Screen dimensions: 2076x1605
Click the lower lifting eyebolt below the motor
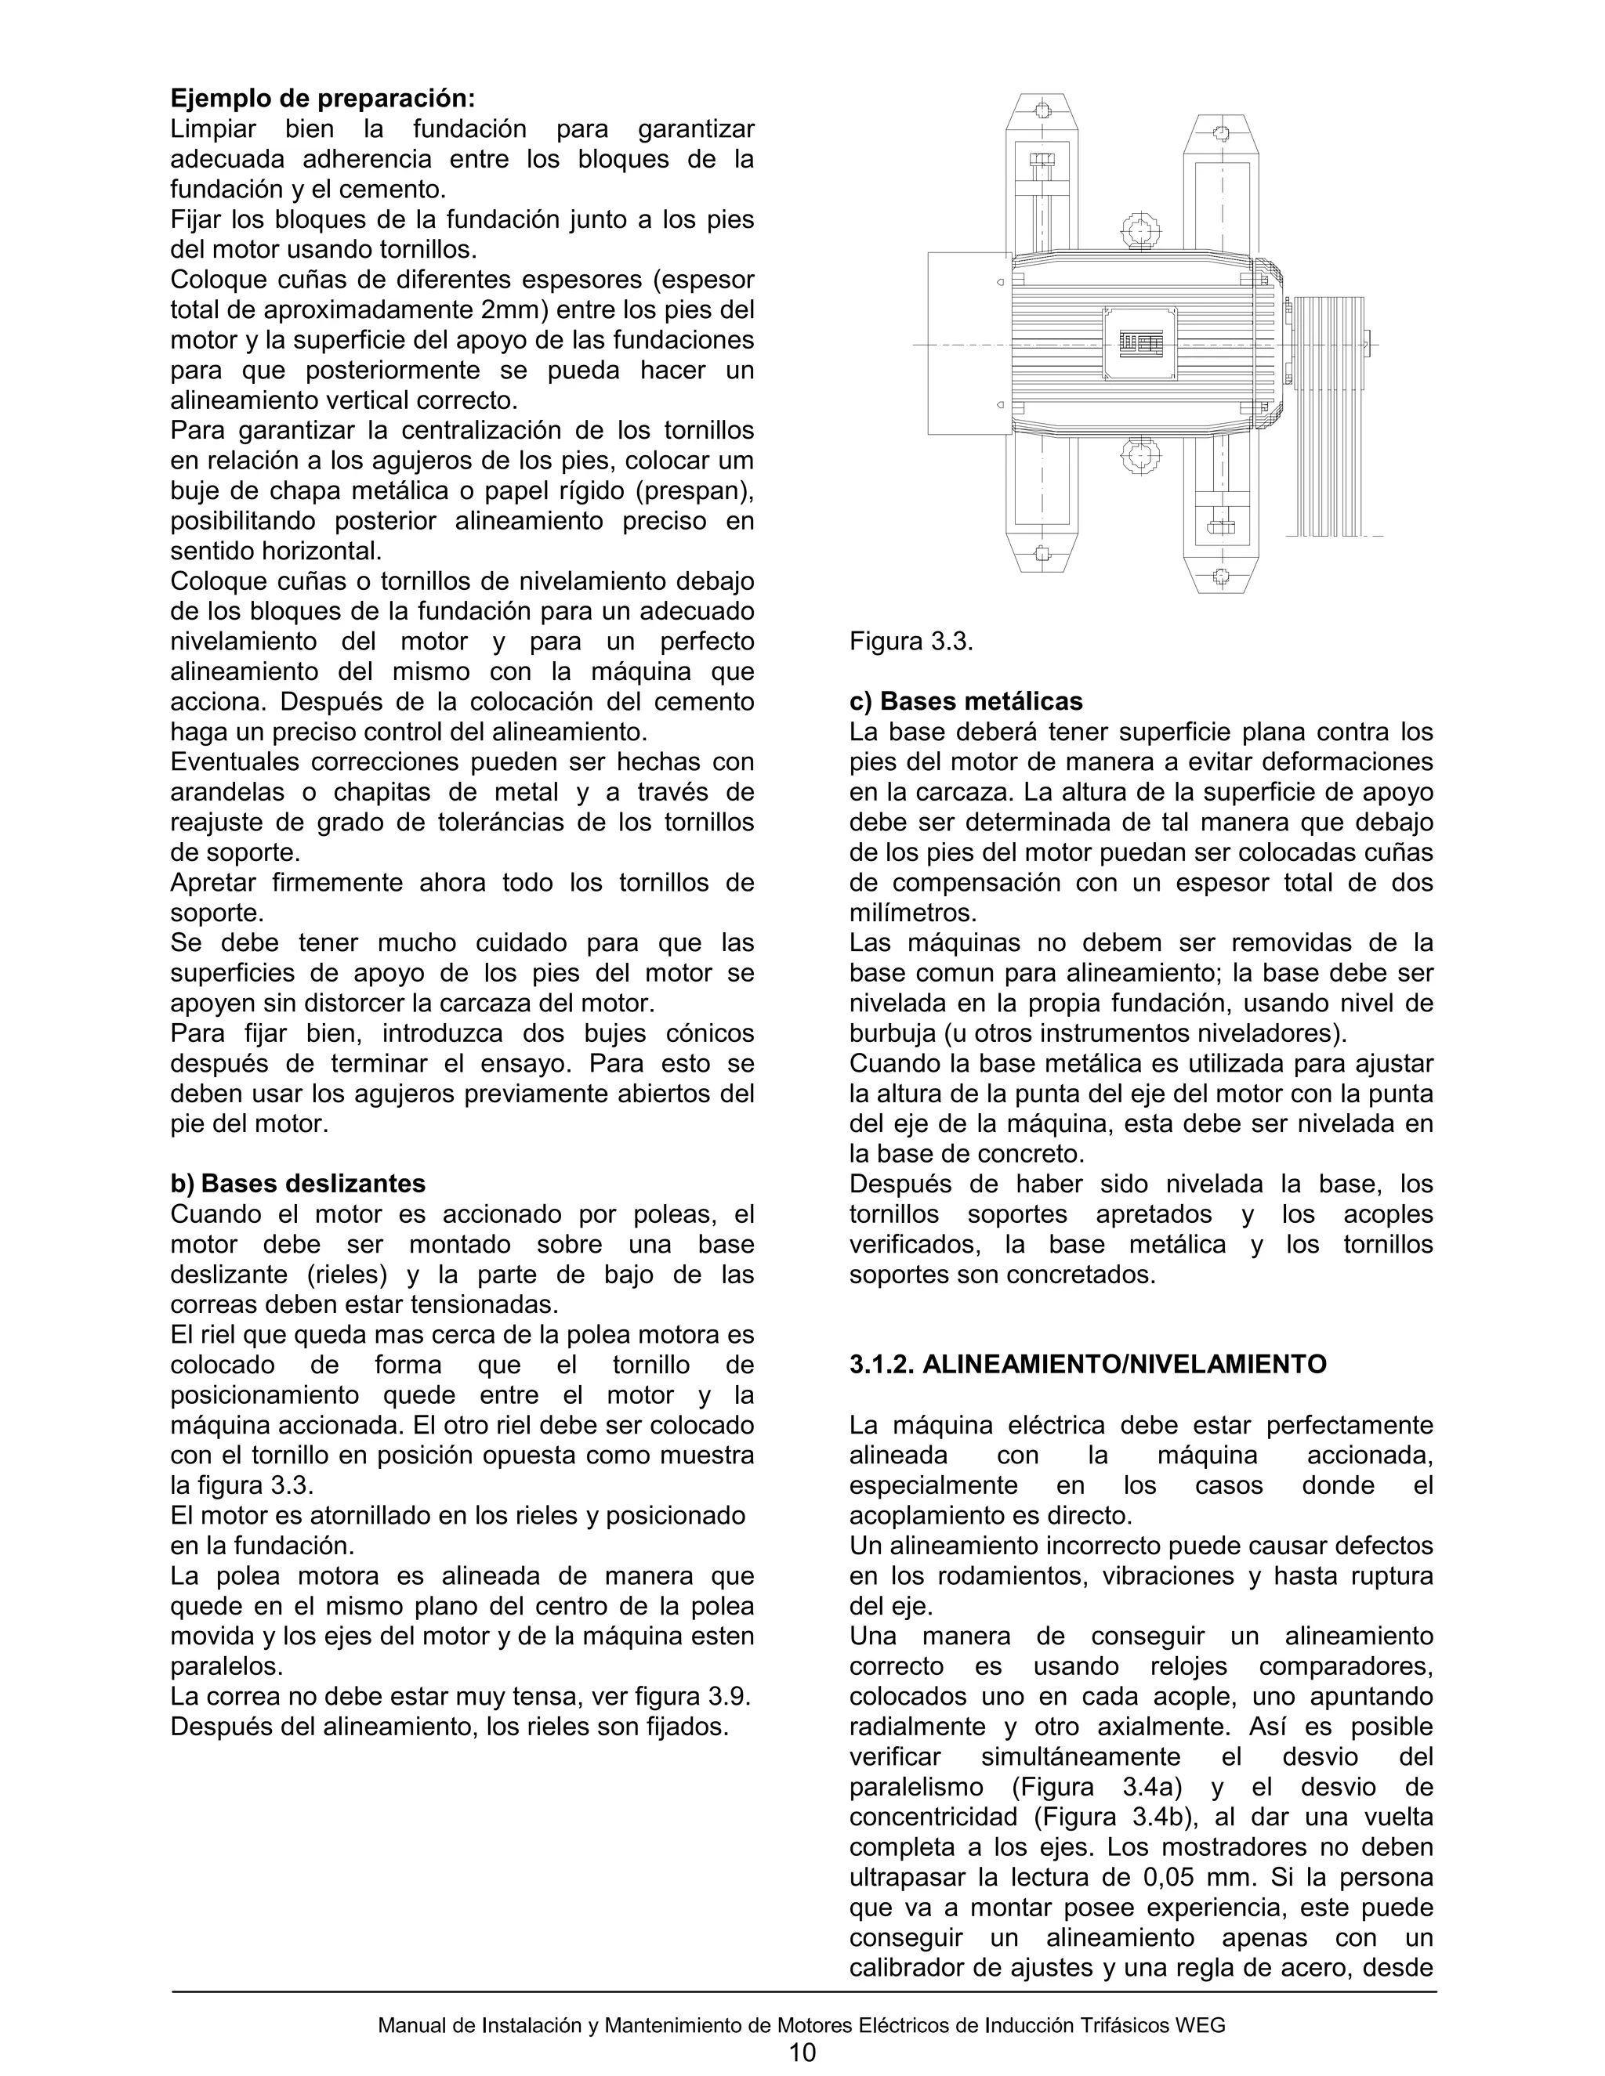point(1140,455)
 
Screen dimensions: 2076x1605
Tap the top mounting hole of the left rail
point(1042,107)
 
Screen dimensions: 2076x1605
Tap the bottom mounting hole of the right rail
point(1222,576)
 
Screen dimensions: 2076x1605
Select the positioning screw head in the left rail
point(1042,161)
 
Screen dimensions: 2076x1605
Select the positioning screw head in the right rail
point(1221,525)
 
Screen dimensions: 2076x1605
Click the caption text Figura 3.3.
point(911,641)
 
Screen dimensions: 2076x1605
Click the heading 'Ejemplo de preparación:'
point(322,99)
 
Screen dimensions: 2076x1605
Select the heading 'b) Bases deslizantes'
point(298,1184)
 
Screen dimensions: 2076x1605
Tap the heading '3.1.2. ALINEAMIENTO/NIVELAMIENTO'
point(1087,1364)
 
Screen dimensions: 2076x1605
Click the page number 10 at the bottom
point(802,2053)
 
